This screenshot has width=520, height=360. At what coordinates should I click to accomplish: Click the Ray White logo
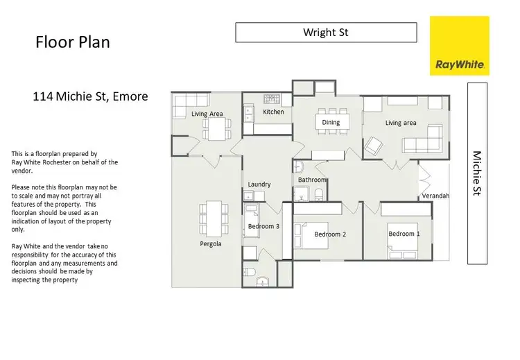(460, 46)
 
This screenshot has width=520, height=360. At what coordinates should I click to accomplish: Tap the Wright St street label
(326, 32)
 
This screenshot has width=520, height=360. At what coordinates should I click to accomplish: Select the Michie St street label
(477, 173)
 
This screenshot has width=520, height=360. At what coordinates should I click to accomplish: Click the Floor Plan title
(72, 43)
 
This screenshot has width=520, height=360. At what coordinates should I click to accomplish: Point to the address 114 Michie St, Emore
(90, 96)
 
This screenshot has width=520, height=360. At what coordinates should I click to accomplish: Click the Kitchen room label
(273, 112)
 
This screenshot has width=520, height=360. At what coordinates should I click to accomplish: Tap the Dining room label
(331, 123)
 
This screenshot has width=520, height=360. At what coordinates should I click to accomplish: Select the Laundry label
(259, 184)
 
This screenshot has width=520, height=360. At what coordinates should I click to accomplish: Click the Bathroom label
(312, 180)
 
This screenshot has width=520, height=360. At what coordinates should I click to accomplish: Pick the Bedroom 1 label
(404, 234)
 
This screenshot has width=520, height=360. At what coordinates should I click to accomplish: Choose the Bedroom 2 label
(330, 234)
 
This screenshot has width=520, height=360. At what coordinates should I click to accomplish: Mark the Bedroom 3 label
(263, 226)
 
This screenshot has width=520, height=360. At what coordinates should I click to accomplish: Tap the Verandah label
(435, 196)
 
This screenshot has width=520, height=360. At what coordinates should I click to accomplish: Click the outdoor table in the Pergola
(212, 217)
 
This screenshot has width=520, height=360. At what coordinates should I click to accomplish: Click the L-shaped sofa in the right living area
(423, 139)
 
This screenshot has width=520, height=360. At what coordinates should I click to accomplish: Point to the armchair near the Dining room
(373, 146)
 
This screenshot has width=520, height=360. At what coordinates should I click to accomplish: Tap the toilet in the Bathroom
(319, 194)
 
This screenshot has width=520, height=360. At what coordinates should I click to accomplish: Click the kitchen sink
(247, 111)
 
